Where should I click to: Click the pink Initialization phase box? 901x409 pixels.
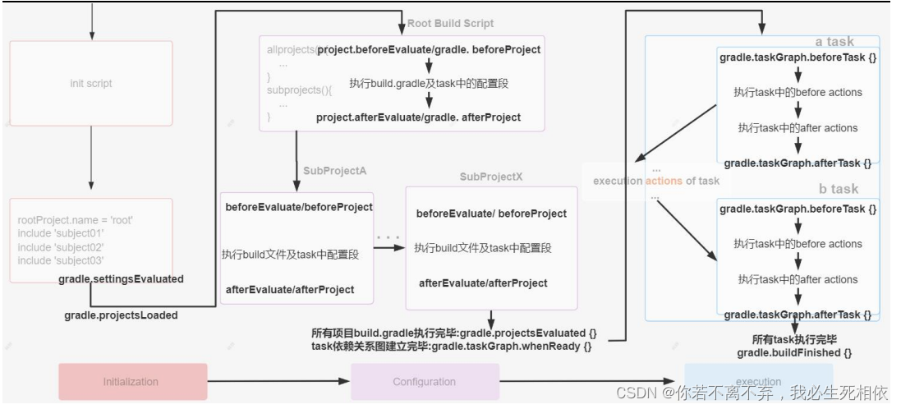[132, 382]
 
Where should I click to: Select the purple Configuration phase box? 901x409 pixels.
[425, 382]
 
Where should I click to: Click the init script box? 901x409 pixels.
[90, 83]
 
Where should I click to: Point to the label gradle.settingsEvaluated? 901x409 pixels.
[121, 279]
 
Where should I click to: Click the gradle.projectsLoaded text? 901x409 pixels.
[121, 315]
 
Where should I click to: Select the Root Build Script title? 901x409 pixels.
[451, 23]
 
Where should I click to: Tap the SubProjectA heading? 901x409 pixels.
[334, 170]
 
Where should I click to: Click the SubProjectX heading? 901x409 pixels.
[491, 177]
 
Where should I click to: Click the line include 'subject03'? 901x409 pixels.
[61, 260]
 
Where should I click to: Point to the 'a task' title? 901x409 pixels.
[834, 42]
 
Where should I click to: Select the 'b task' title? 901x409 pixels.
[838, 189]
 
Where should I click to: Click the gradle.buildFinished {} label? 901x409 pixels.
[794, 352]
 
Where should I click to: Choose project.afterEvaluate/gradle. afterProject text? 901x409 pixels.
[418, 117]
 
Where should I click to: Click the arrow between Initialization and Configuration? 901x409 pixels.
[278, 382]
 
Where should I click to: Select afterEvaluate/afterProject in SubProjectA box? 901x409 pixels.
[290, 289]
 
